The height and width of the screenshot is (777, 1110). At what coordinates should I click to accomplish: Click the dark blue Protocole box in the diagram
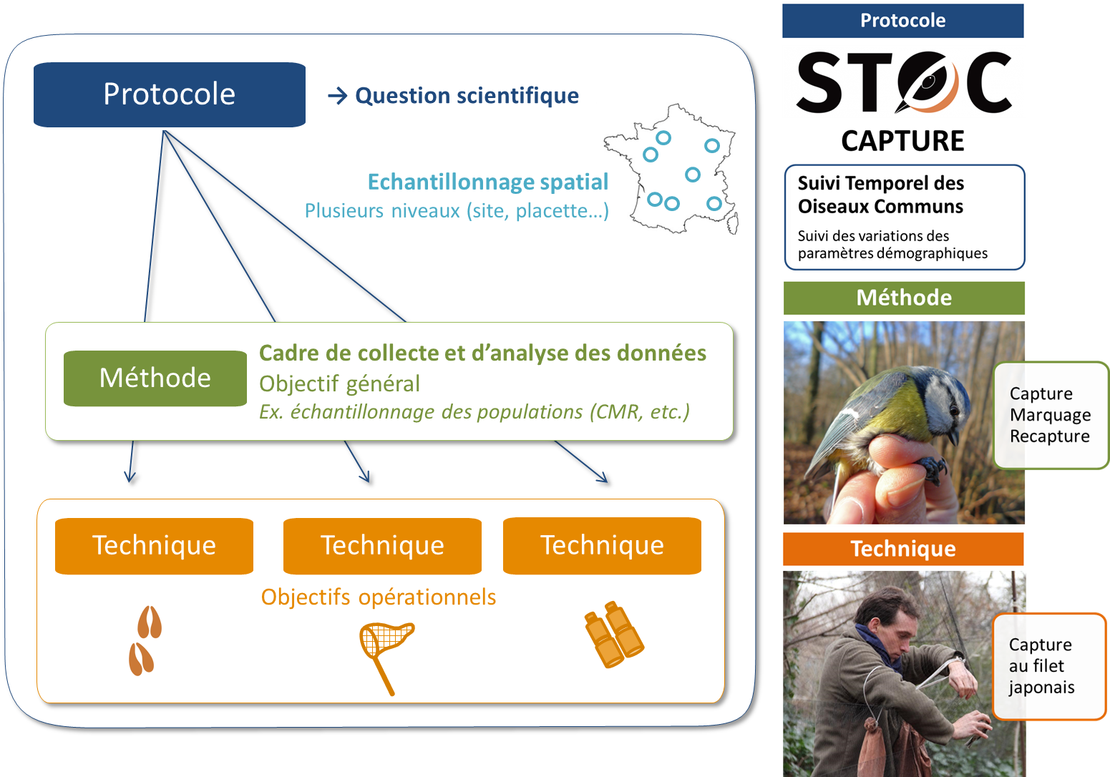[170, 94]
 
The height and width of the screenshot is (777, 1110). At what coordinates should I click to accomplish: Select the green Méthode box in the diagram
[155, 378]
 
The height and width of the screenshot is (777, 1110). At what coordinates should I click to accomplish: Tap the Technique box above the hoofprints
[154, 546]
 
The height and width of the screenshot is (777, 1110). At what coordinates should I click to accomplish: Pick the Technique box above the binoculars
[602, 546]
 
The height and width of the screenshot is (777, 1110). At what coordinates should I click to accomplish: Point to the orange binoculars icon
[614, 635]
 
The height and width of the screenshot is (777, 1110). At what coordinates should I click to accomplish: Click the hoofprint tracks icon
[145, 640]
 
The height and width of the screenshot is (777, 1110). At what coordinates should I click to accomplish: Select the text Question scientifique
[467, 96]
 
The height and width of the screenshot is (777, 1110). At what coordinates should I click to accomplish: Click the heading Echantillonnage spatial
[487, 182]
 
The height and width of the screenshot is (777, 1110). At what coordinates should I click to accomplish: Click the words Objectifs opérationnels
[378, 597]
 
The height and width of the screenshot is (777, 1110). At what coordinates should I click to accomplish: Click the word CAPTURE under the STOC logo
[903, 141]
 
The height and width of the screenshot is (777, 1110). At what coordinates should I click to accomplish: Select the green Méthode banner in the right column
[904, 298]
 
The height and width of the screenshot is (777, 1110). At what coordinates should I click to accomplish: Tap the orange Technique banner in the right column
[903, 549]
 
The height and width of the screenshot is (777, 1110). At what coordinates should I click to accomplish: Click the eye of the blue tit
[952, 409]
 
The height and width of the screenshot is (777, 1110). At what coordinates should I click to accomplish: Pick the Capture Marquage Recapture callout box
[1051, 415]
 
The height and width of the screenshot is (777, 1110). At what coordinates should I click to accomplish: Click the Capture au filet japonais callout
[1049, 666]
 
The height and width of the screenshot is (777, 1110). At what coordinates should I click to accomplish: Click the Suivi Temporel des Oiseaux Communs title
[880, 195]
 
